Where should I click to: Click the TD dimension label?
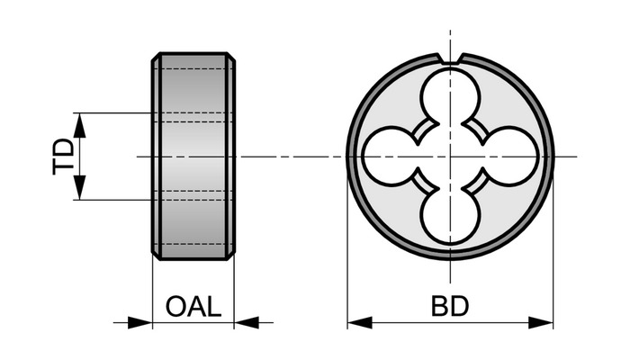pyautogui.click(x=64, y=157)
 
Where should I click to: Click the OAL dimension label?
pyautogui.click(x=193, y=307)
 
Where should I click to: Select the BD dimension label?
pyautogui.click(x=450, y=307)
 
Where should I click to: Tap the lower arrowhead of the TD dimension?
pyautogui.click(x=80, y=187)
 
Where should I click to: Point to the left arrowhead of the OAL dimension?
pyautogui.click(x=139, y=322)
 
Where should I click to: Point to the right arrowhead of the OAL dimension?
pyautogui.click(x=247, y=322)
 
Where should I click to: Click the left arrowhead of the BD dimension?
pyautogui.click(x=360, y=322)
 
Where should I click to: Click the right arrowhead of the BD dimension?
pyautogui.click(x=541, y=322)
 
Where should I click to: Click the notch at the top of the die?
pyautogui.click(x=450, y=58)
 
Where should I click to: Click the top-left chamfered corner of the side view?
pyautogui.click(x=157, y=57)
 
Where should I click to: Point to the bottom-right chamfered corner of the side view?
pyautogui.click(x=230, y=256)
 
